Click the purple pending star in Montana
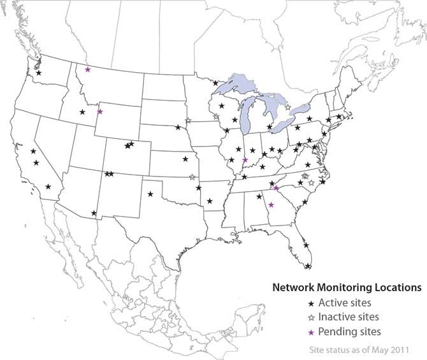coord(87,69)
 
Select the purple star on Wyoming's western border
coord(99,112)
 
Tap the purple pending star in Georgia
coord(271,205)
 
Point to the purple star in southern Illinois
coord(245,160)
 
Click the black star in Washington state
coord(40,73)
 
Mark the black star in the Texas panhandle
coord(150,194)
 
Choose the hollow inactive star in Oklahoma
coord(192,177)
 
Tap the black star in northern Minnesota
coord(215,83)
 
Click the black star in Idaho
coord(82,112)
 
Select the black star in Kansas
coord(185,159)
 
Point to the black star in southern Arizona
coord(94,213)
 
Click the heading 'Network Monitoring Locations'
coord(347,287)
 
